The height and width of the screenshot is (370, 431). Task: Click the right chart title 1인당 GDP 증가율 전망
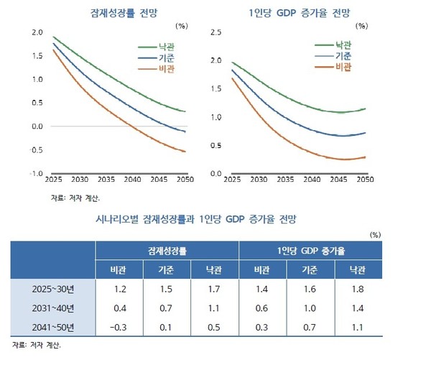302,13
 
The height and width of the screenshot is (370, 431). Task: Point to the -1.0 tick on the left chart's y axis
34,174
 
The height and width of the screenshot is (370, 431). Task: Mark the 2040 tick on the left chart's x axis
132,179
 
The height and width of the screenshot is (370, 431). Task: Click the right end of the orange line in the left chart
185,152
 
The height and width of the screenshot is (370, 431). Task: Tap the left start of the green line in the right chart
231,63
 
